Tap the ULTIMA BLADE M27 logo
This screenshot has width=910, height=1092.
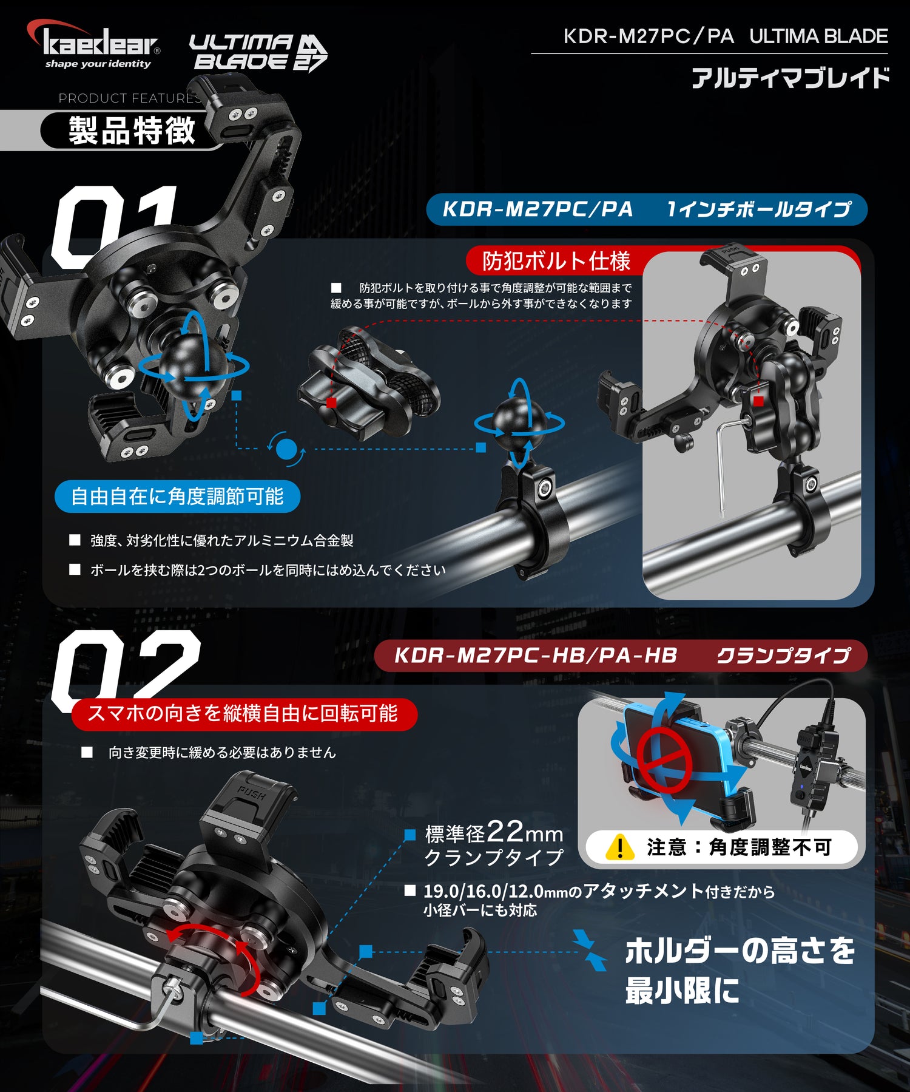point(258,52)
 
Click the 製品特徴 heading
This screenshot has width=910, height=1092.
point(132,131)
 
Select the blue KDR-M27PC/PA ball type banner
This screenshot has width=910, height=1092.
point(646,209)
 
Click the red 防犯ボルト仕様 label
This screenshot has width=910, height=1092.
point(555,261)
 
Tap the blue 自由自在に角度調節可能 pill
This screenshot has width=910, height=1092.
point(177,497)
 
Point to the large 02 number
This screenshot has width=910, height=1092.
point(124,665)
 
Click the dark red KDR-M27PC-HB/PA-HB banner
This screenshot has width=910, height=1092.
point(620,656)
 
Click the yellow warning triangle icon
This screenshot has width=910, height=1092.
point(619,847)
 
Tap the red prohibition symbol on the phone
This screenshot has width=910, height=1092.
point(664,761)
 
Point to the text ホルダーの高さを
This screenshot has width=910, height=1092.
point(740,951)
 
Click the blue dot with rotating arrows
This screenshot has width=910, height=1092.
point(286,450)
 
